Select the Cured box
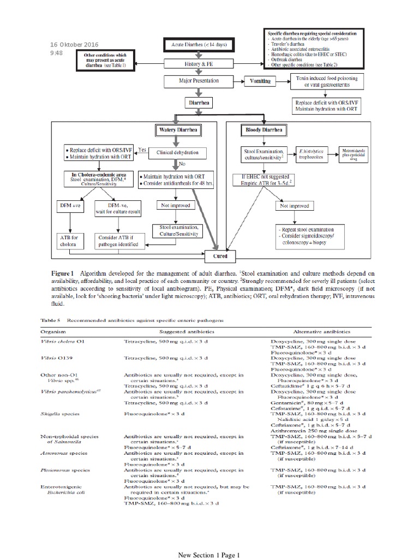tap(224, 255)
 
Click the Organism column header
tap(55, 331)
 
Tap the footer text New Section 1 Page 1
tap(209, 555)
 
